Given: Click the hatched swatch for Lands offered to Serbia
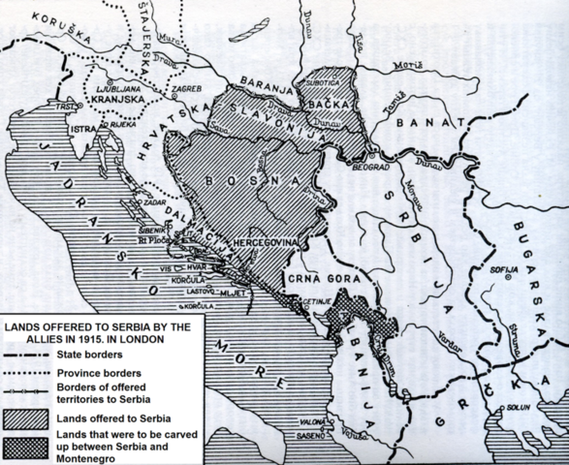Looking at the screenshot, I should [26, 416].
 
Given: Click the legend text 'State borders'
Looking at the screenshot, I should [92, 357].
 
